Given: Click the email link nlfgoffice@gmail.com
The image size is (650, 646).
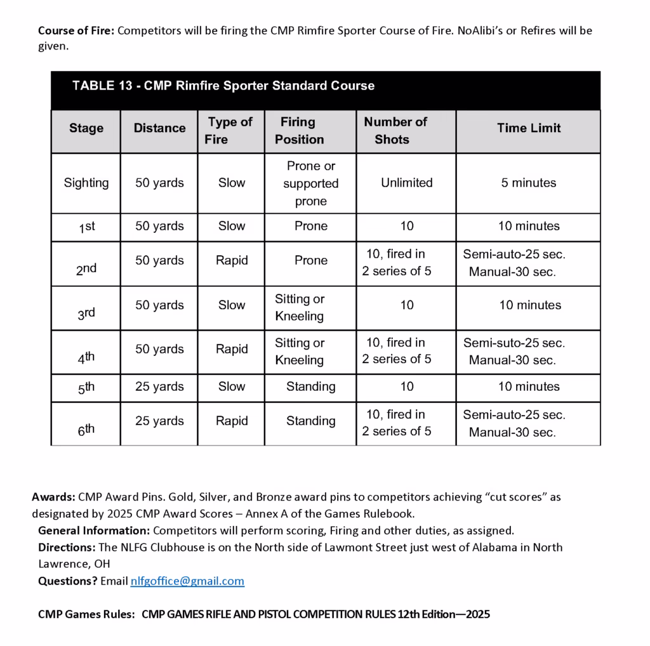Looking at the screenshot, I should coord(187,581).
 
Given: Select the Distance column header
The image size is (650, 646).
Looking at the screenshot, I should coord(159,128).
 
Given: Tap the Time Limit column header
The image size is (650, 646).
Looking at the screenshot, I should coord(529,128).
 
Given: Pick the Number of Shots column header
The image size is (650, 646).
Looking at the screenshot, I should coord(395,131).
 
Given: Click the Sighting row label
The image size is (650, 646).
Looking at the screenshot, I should coord(86,183).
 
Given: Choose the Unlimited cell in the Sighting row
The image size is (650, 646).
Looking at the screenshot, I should coord(406,183).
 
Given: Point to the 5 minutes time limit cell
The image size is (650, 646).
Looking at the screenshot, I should coord(528,183).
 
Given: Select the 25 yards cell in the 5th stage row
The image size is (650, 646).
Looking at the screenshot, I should coord(159,386).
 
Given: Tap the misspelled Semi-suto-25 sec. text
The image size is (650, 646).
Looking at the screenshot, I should coord(514,343).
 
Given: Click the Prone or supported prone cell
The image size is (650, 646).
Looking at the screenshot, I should coord(310,183).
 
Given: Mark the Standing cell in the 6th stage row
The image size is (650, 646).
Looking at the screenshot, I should coord(310,421).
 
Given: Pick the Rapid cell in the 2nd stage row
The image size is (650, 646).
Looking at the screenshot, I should coord(232,260).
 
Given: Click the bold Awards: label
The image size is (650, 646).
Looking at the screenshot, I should coord(54,497).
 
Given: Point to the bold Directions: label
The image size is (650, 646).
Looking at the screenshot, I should coord(66,547).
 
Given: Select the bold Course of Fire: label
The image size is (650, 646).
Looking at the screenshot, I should coord(76,30).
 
